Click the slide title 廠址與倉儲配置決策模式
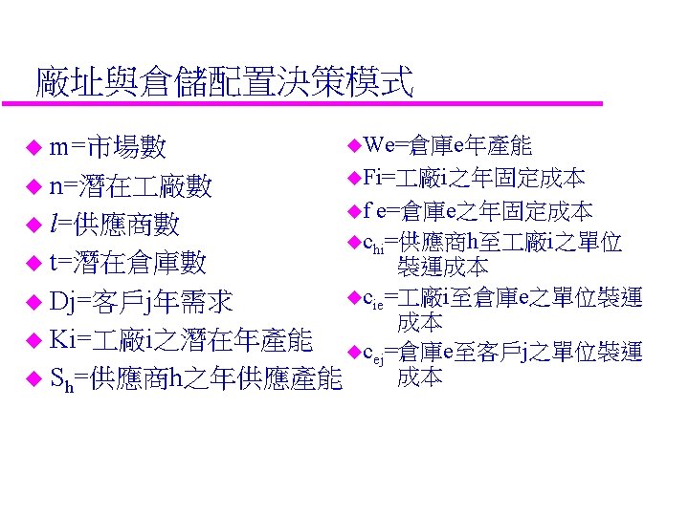[x=223, y=82]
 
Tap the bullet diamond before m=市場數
[x=34, y=148]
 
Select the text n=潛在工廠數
[x=131, y=185]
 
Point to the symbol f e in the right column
[x=373, y=210]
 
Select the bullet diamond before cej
[x=352, y=353]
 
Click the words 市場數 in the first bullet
[x=125, y=147]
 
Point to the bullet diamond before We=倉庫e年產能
[x=352, y=145]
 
